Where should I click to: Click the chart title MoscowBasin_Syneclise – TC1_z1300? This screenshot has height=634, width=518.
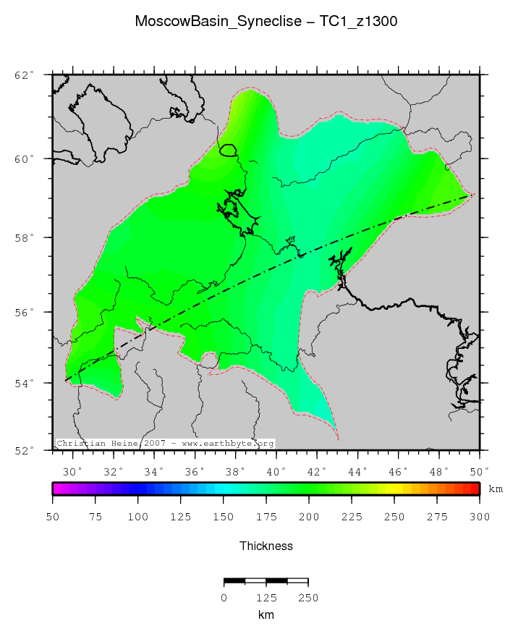point(266,22)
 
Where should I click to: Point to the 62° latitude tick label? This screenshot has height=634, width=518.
point(25,75)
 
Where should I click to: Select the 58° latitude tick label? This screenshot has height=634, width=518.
point(25,237)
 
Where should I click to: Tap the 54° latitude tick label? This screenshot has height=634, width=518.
point(25,383)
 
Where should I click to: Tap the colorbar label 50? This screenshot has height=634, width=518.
point(53,517)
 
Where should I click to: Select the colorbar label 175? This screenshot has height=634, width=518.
point(266,517)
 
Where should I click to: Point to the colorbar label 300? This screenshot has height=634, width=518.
point(479,517)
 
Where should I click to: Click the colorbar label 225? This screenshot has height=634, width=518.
point(352,517)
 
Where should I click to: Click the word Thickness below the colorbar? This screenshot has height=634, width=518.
point(266,546)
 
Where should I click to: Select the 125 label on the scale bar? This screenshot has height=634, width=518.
point(266,598)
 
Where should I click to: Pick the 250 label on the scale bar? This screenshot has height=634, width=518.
point(308,598)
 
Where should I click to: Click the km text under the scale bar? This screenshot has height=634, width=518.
point(266,615)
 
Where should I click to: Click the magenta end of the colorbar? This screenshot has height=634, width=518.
point(56,489)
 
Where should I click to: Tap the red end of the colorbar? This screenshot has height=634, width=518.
point(475,489)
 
